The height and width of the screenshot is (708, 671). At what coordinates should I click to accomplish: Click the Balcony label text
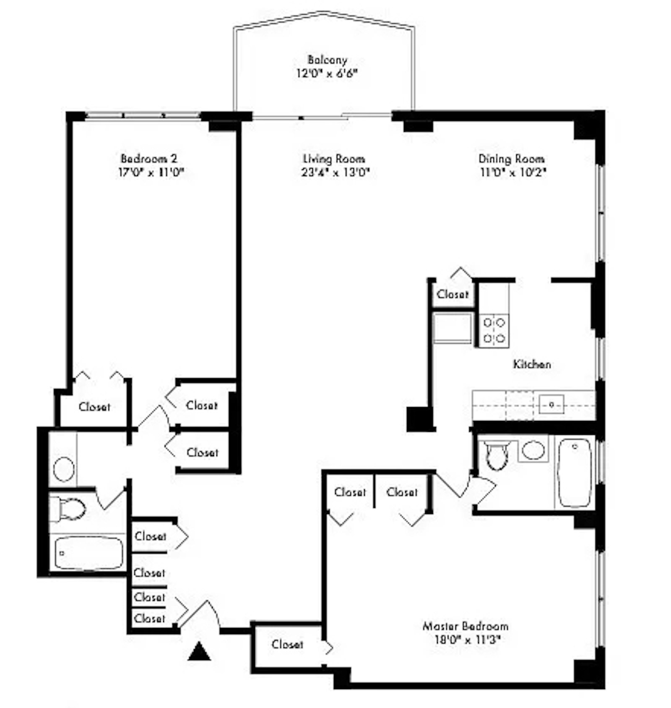(327, 60)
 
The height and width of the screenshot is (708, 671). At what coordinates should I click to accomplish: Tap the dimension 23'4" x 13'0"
(335, 172)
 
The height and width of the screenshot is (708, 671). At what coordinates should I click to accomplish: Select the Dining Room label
(512, 159)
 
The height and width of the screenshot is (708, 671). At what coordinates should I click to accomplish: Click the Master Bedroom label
(466, 626)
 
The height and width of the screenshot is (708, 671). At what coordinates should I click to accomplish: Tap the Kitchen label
(532, 364)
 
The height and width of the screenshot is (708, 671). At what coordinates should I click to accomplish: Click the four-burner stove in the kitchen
(494, 330)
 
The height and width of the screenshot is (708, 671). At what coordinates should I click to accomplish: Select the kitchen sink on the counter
(551, 405)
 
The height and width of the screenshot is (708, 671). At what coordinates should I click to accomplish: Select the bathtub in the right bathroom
(575, 473)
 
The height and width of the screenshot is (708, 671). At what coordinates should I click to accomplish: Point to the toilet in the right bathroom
(497, 454)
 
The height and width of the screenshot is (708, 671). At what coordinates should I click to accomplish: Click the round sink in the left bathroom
(64, 468)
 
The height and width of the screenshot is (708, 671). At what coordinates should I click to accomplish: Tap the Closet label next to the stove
(452, 294)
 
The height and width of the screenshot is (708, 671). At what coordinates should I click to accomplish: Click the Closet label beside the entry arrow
(287, 644)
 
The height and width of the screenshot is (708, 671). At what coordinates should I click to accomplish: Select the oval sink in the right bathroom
(533, 450)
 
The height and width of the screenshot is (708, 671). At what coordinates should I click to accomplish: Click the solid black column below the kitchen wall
(420, 419)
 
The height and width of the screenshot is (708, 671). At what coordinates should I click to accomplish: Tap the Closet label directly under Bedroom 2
(94, 406)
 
